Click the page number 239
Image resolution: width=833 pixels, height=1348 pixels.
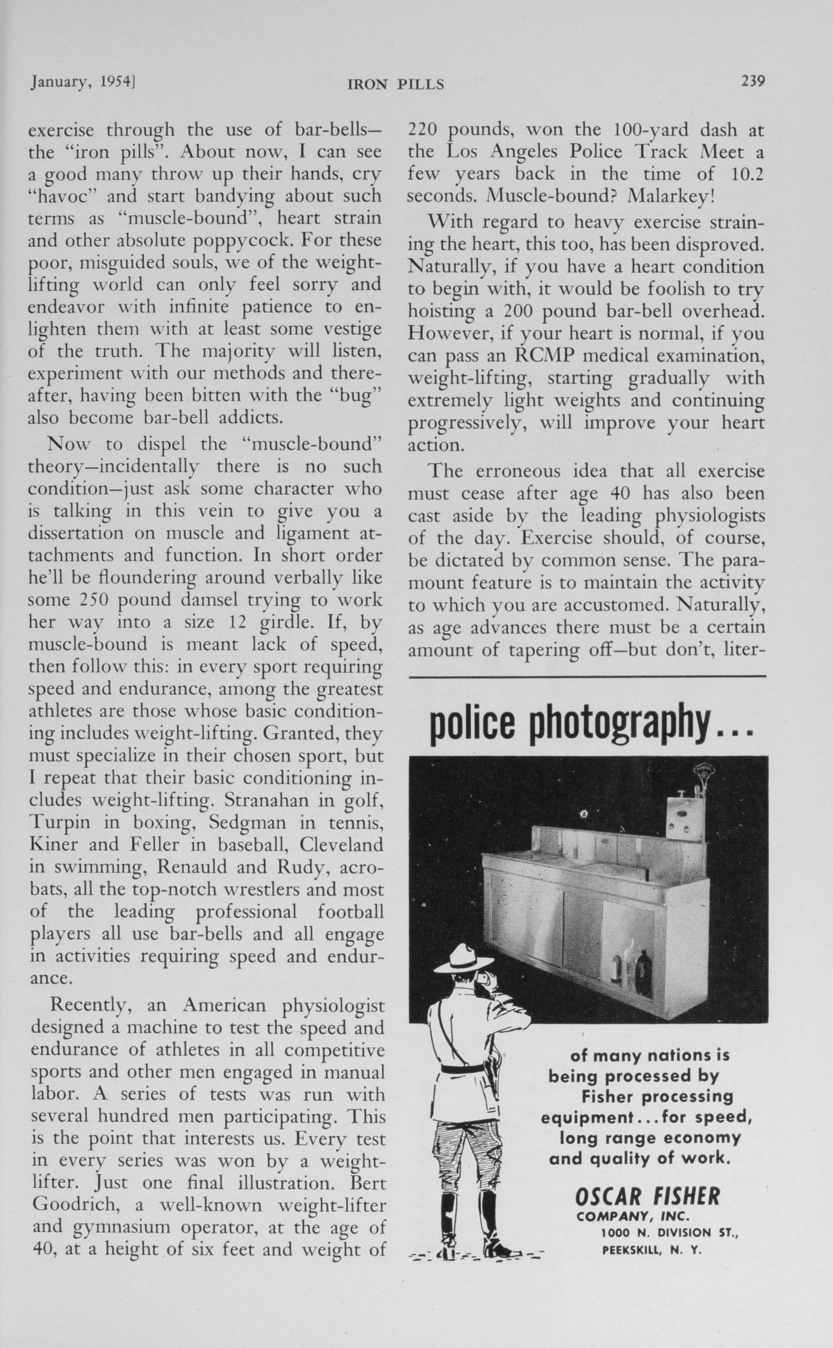(753, 82)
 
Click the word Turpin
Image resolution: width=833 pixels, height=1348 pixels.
(59, 823)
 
